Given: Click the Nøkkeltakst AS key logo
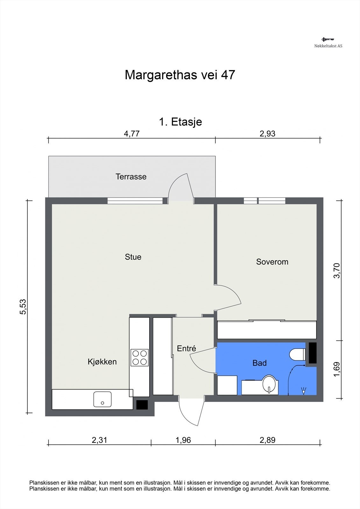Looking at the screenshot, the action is coord(328,39).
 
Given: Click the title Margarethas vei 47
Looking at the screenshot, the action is coord(180,75).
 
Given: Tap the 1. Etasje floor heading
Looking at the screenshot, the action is coord(180,122).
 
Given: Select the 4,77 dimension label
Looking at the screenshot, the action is coord(132,134).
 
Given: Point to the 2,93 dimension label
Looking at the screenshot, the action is coord(267,134).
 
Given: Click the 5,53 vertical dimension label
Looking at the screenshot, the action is coord(23,307).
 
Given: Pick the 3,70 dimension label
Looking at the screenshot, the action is coord(336,270).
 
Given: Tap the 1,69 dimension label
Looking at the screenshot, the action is coord(336,369).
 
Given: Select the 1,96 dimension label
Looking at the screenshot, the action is coord(183,440).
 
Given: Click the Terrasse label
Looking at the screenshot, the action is coord(131,177).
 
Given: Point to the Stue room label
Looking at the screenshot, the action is coord(133,257).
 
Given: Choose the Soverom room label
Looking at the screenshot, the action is coord(272,262).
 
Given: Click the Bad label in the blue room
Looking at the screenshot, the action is coord(259,363).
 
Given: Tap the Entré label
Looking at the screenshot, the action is coord(187,348).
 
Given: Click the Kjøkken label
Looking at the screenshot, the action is coord(102,361).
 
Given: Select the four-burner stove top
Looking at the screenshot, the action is coord(139,358).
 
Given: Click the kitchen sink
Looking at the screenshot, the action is coord(102,399).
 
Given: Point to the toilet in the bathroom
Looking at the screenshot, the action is coord(298,355).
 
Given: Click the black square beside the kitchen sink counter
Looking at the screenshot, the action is coord(142,405).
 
